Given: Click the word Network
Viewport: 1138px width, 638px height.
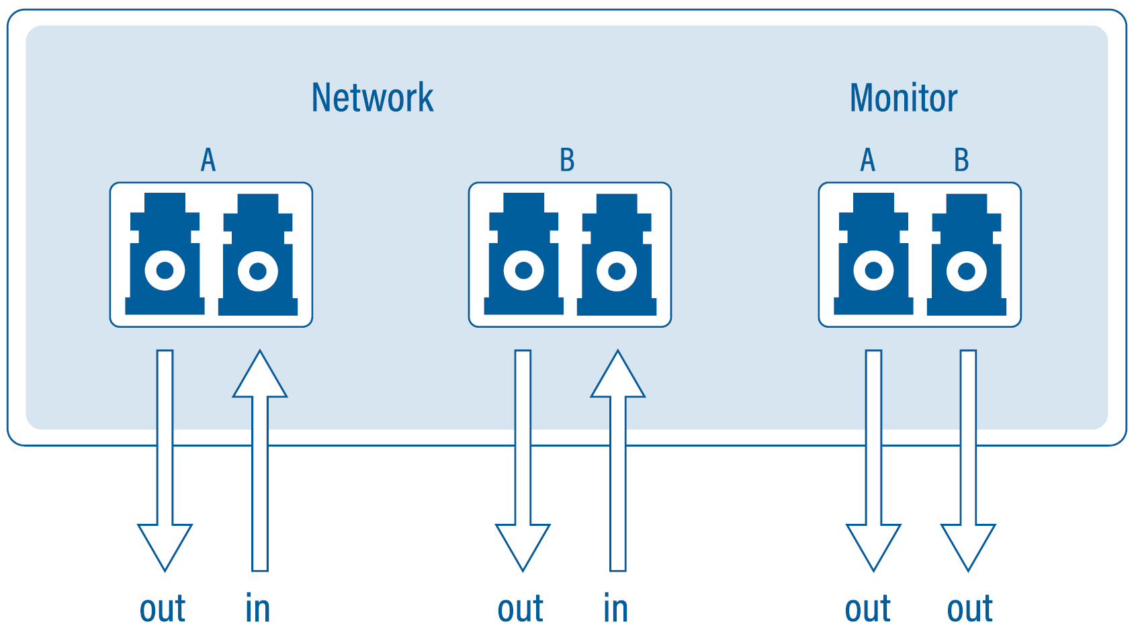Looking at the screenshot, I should [x=372, y=98].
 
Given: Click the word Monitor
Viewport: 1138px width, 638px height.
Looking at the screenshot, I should [x=903, y=98].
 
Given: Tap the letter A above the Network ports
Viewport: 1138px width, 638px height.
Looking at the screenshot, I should [x=208, y=161].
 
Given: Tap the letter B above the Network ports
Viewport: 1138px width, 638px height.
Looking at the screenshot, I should [x=567, y=161].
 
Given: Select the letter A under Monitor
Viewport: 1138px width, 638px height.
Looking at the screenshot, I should [x=867, y=161].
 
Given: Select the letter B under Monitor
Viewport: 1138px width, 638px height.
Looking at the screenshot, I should [x=961, y=161].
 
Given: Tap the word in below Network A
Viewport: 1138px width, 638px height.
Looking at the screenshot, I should [x=257, y=609].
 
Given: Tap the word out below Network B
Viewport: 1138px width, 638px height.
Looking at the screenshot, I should [x=521, y=609].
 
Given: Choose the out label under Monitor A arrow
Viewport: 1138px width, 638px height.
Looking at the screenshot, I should [x=867, y=609].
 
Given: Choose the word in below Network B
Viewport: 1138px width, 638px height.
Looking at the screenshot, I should [x=615, y=609].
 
